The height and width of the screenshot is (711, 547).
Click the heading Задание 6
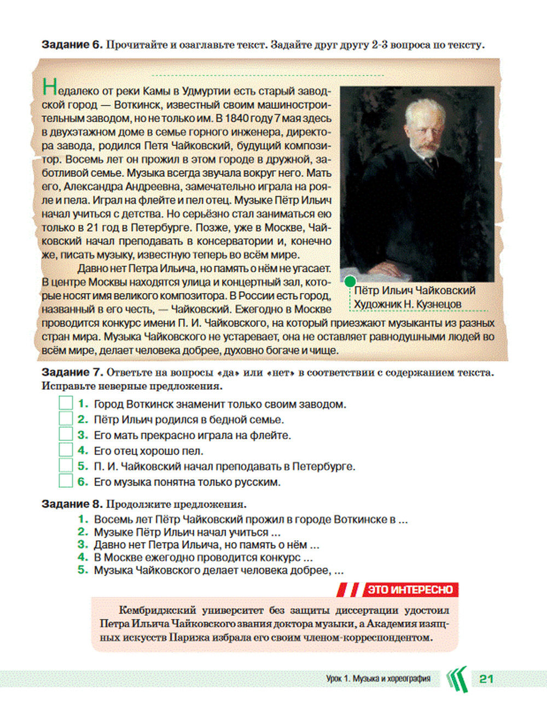(x=72, y=45)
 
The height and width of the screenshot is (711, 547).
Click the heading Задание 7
(x=72, y=372)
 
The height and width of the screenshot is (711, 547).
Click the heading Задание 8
(x=72, y=504)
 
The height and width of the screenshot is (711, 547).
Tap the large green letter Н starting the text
(x=49, y=88)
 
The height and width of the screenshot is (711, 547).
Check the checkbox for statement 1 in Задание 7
(x=66, y=404)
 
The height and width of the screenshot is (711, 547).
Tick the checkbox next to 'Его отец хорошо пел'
(x=66, y=450)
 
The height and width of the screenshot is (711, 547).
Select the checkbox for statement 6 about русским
(x=66, y=481)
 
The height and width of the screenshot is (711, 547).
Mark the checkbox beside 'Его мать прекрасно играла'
(x=66, y=435)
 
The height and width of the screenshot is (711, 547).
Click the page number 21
(x=486, y=679)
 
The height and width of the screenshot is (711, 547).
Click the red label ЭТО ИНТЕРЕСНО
(x=410, y=590)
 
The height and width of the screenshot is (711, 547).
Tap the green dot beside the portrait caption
(x=349, y=281)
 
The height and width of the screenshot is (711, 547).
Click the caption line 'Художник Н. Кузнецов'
(x=408, y=304)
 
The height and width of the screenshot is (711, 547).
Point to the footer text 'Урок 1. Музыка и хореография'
(x=378, y=679)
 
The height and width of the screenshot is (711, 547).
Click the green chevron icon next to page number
(x=457, y=679)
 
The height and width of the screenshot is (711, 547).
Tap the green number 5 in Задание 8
(x=83, y=570)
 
